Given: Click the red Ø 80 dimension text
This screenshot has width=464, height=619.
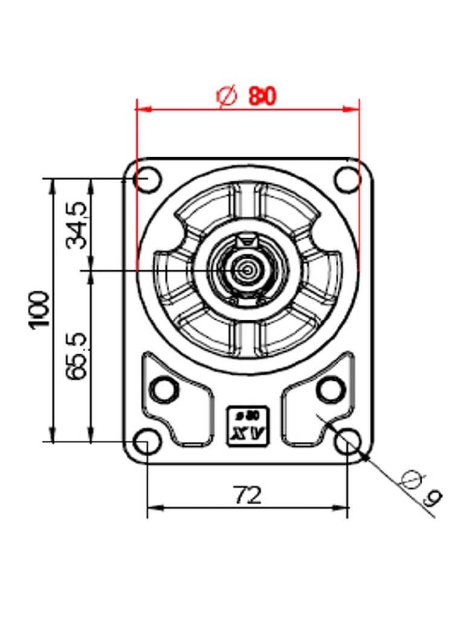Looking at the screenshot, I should (246, 96).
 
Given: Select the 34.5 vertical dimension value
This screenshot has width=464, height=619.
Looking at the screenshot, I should (77, 226).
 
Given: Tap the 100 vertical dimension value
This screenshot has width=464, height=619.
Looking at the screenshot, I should (40, 309).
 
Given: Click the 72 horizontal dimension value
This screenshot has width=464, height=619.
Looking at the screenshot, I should (248, 496).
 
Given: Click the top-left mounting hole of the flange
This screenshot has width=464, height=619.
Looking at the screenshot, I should (145, 180).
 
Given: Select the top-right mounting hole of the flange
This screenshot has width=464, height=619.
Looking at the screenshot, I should (347, 180).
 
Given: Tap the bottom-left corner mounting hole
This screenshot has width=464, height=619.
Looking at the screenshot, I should (145, 441).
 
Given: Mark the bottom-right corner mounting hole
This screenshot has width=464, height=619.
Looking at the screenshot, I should (347, 442).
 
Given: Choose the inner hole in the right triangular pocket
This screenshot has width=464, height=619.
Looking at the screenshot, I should (330, 389).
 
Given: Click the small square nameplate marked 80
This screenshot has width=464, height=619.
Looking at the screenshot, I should (247, 426).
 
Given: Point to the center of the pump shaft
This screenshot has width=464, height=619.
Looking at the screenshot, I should (248, 270).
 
